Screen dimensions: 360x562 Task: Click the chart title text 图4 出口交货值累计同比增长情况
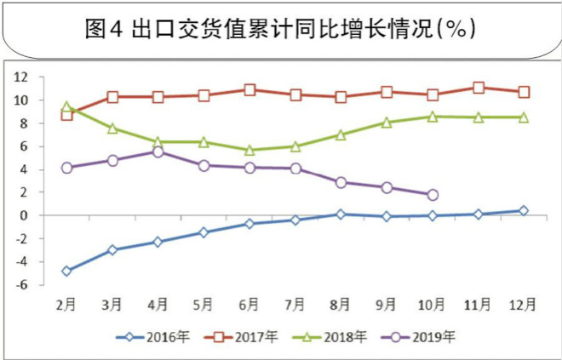[x=280, y=28]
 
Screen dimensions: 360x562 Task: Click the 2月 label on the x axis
[x=67, y=303]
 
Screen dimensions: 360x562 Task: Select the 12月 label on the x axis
[x=522, y=303]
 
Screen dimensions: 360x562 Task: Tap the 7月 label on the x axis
[x=295, y=303]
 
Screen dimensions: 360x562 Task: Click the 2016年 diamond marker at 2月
[x=67, y=271]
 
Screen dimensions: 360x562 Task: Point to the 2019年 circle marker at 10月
[x=433, y=195]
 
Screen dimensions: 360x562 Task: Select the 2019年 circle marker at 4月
[x=158, y=151]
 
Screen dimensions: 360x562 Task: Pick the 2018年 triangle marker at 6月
[x=249, y=150]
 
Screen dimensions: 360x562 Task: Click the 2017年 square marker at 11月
[x=479, y=88]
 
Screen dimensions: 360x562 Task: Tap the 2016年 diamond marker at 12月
[x=524, y=210]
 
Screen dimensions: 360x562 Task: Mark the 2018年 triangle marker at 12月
[x=524, y=117]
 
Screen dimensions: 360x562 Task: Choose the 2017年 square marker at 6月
[x=249, y=89]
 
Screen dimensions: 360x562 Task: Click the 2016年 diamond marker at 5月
[x=204, y=232]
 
